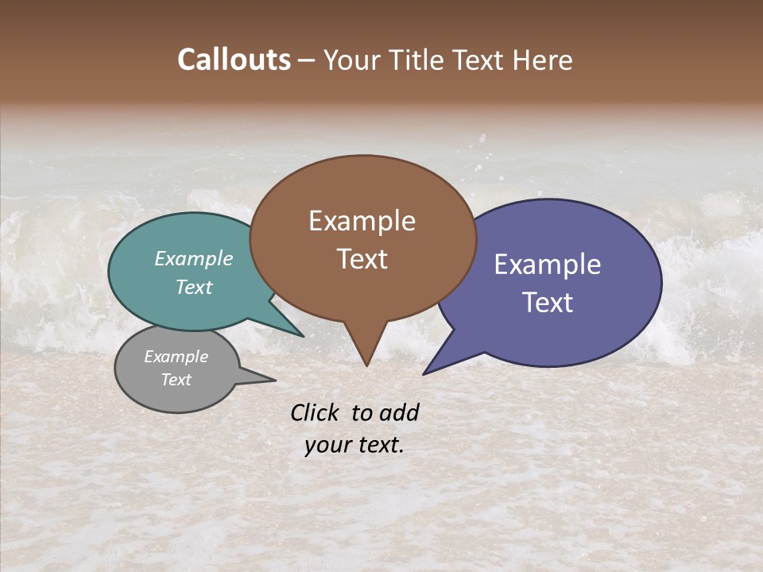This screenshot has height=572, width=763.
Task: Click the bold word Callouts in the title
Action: point(234,60)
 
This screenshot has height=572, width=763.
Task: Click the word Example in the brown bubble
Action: point(362,221)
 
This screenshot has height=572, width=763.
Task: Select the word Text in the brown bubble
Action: point(362,259)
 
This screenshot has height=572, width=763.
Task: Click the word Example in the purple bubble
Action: point(548,265)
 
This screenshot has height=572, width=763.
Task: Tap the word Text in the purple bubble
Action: point(548,303)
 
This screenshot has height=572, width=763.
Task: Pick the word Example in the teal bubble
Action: point(194,259)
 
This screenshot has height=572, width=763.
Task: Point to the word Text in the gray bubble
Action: point(176,380)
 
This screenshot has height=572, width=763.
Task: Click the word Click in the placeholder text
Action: point(316,412)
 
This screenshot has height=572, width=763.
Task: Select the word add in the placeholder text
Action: point(398,412)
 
